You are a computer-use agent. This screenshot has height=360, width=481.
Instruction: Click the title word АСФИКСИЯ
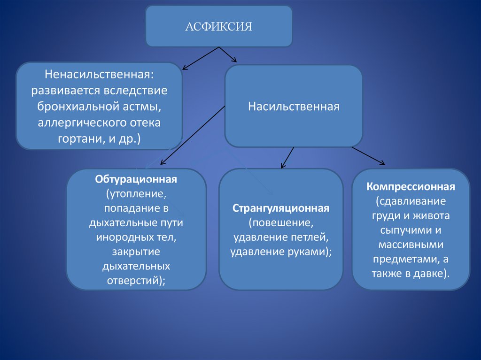(218, 27)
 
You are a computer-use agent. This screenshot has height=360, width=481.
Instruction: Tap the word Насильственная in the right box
(294, 107)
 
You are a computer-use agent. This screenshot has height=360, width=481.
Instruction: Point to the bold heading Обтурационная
(136, 180)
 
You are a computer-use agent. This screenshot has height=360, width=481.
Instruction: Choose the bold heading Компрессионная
(411, 187)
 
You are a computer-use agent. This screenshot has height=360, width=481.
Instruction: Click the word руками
(308, 251)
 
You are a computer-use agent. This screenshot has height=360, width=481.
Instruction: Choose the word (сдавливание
(411, 201)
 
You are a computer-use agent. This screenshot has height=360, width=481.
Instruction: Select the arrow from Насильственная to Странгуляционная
(287, 157)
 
